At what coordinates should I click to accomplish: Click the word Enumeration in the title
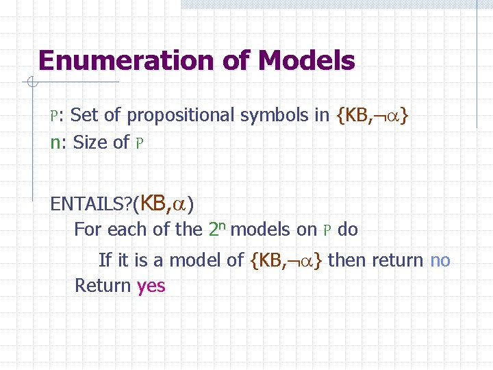point(127,61)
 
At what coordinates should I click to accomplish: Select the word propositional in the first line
point(181,115)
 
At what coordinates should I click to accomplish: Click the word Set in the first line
point(84,115)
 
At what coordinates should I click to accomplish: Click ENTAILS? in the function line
point(92,203)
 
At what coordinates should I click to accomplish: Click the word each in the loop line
point(128,230)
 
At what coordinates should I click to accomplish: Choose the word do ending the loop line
point(348,230)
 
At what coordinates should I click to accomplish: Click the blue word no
point(440,260)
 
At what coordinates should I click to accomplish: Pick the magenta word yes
point(151,285)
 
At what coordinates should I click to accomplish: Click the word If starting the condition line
point(105,260)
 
